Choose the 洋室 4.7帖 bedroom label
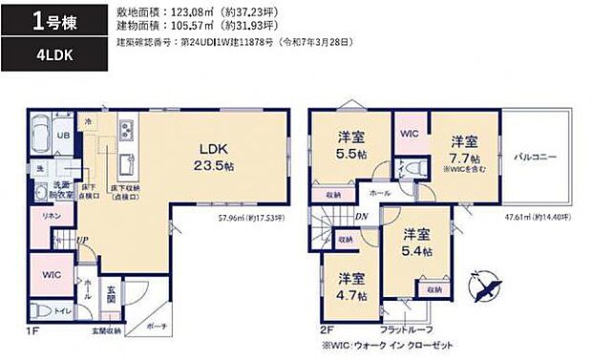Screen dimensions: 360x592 tap(350, 286)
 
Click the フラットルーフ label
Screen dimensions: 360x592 tap(407, 329)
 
